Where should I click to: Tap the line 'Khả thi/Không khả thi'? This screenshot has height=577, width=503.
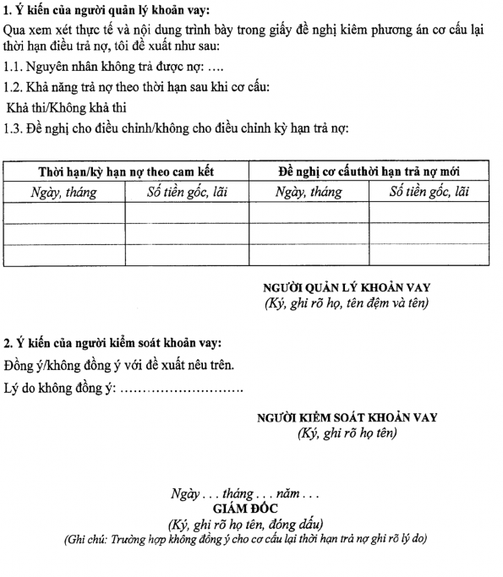click(66, 108)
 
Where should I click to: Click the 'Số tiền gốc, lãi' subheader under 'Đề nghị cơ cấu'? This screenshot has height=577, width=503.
click(429, 192)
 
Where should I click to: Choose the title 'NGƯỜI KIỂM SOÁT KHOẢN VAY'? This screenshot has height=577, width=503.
click(347, 417)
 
